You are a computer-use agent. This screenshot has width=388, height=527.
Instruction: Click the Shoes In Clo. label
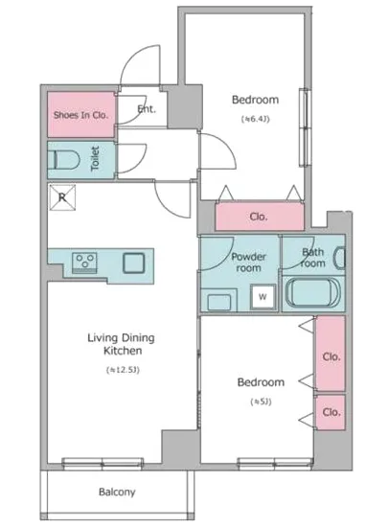click(x=81, y=115)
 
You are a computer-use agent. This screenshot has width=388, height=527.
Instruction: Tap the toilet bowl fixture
click(x=64, y=160)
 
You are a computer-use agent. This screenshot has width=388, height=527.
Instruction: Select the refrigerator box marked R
click(x=62, y=197)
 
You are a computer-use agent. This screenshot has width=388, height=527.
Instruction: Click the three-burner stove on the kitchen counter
click(x=85, y=263)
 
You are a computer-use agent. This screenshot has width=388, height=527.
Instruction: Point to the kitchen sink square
click(x=134, y=263)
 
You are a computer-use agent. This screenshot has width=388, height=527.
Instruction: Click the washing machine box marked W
click(x=263, y=297)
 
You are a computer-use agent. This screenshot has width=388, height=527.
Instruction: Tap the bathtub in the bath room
click(x=313, y=293)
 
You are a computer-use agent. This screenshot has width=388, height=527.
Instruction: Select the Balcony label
click(x=117, y=493)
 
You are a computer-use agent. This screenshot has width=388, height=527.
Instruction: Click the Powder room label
click(x=248, y=263)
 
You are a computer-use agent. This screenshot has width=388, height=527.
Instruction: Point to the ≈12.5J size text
click(x=123, y=370)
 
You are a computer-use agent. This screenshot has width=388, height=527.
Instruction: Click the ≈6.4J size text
click(x=255, y=119)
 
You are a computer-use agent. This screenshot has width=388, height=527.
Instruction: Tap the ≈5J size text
click(x=261, y=401)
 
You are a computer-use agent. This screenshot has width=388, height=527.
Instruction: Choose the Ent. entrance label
click(x=147, y=109)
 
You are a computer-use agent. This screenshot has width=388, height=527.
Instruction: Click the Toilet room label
click(x=95, y=158)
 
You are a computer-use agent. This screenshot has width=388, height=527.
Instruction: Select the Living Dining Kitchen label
click(x=122, y=344)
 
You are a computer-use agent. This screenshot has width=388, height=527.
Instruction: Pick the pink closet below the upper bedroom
click(x=260, y=217)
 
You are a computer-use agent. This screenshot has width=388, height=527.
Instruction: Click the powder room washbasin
click(x=218, y=301)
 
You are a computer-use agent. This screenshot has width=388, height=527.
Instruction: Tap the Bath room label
click(x=313, y=257)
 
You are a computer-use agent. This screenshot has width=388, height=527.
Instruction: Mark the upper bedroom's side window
click(x=304, y=127)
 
